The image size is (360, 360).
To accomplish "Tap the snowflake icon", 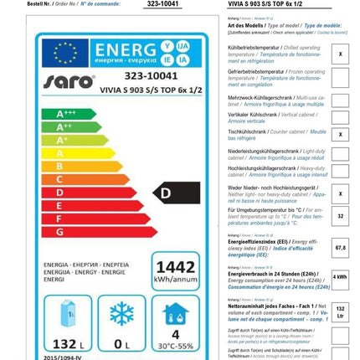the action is click(122, 314).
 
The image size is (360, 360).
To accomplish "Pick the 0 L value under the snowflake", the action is click(122, 343).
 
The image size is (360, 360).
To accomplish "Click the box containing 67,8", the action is click(340, 248).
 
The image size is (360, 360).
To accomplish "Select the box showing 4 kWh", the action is click(340, 276).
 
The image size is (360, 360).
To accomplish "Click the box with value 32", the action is click(340, 215).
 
